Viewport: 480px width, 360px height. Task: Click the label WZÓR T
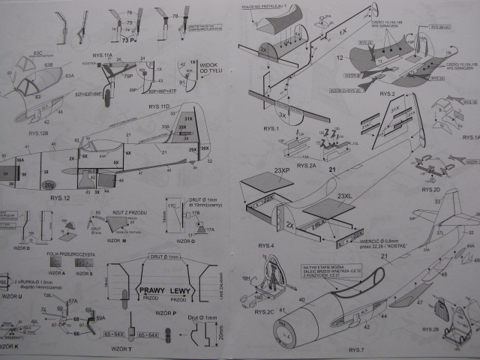121,349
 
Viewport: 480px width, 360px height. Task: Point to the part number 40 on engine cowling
302,299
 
